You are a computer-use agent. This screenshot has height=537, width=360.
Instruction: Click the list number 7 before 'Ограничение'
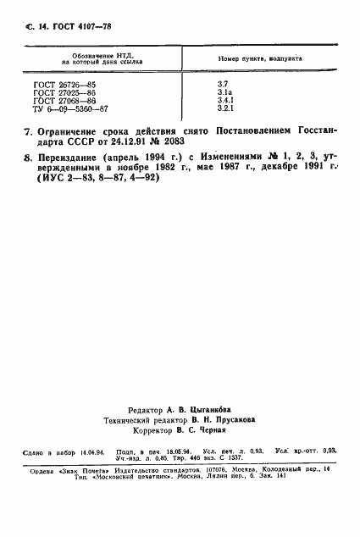click(x=28, y=133)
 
